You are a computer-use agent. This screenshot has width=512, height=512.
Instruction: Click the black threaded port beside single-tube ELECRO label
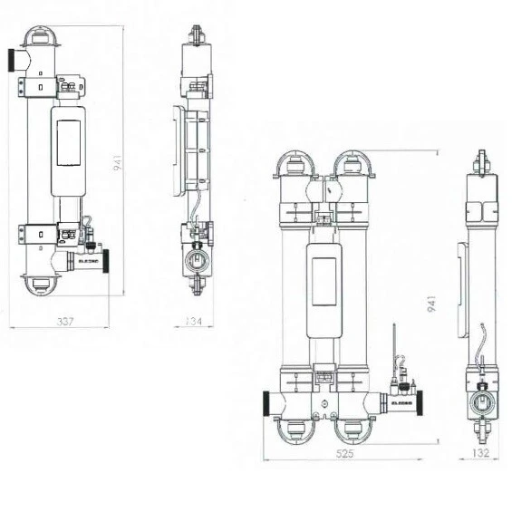click(x=107, y=259)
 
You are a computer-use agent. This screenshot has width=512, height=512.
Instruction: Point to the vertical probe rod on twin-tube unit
click(x=395, y=343)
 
